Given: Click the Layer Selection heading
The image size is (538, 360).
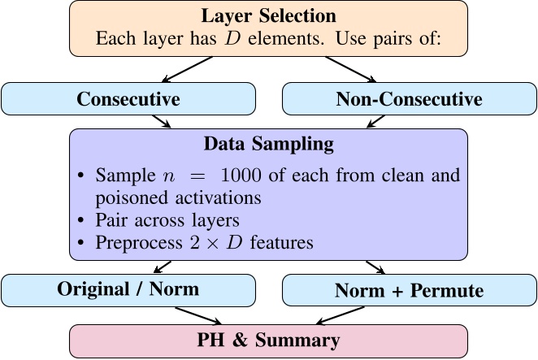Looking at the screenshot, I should tap(268, 16).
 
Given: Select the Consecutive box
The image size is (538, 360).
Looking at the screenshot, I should tap(128, 99).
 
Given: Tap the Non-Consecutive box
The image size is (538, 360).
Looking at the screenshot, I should tap(409, 99).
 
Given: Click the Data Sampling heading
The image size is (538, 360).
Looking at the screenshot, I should tap(268, 145).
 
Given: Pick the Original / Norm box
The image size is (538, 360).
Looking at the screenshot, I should tap(128, 289).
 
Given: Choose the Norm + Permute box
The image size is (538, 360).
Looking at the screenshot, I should tap(409, 290).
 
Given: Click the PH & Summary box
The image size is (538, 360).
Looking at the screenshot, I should tap(268, 340).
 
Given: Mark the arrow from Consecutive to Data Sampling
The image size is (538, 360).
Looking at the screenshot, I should tap(161, 120).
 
